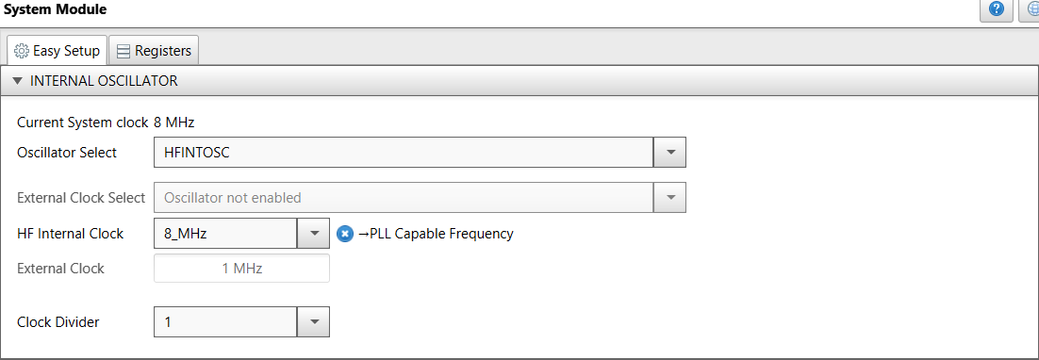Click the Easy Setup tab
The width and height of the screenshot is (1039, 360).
click(57, 50)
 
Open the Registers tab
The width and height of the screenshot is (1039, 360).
click(154, 50)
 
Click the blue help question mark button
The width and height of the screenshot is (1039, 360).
click(995, 10)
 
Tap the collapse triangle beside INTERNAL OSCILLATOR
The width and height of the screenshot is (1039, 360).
click(17, 81)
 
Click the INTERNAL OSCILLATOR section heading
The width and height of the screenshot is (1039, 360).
click(104, 81)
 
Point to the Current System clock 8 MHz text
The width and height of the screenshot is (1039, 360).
click(106, 122)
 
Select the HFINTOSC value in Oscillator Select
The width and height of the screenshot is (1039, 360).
click(403, 152)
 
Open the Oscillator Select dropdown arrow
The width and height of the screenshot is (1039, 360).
click(670, 152)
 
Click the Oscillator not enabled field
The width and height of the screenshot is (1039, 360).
click(403, 198)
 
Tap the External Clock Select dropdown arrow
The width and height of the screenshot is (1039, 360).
click(670, 198)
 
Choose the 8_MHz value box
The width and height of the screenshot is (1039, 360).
click(224, 233)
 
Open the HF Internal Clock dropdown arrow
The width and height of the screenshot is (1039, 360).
click(314, 233)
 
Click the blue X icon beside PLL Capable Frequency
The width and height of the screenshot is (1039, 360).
click(345, 233)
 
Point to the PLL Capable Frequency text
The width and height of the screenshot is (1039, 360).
click(436, 233)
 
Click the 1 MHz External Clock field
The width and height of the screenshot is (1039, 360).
click(241, 268)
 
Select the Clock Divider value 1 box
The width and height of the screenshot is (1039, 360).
click(224, 322)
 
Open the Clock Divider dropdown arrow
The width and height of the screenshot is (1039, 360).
click(314, 322)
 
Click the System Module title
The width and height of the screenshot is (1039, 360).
click(57, 9)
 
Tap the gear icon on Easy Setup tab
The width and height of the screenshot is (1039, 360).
click(22, 50)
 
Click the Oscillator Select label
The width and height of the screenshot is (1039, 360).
click(67, 152)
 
